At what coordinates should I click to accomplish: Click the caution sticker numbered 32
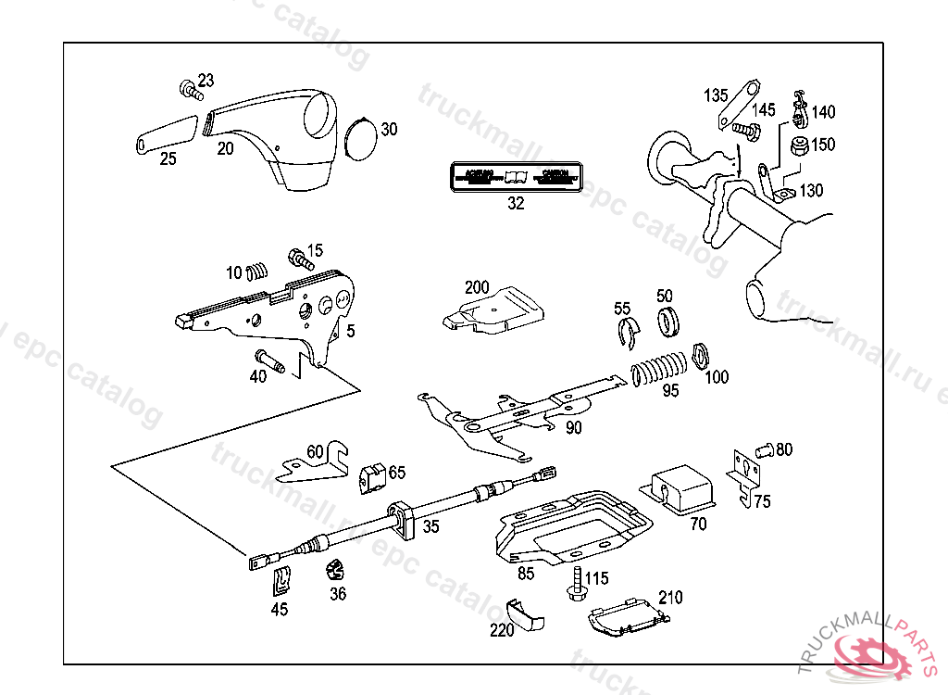pyautogui.click(x=516, y=176)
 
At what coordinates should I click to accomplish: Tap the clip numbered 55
pyautogui.click(x=628, y=333)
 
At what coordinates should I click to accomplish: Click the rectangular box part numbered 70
pyautogui.click(x=680, y=489)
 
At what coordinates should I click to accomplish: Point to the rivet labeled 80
pyautogui.click(x=765, y=450)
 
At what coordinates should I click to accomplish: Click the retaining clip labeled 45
pyautogui.click(x=282, y=581)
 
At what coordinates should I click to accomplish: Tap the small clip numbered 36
pyautogui.click(x=333, y=568)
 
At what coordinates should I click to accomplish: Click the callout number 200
pyautogui.click(x=477, y=287)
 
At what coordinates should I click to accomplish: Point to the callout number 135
pyautogui.click(x=716, y=95)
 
